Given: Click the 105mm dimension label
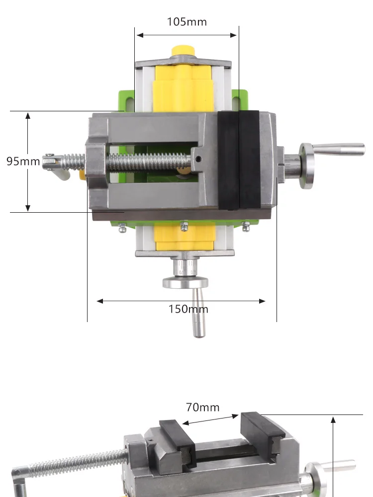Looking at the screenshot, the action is (187, 22).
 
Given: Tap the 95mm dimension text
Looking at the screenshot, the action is (23, 161).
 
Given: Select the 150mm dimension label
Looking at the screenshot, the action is (188, 309).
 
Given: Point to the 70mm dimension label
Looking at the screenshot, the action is (203, 408).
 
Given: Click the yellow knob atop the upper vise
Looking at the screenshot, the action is (183, 51).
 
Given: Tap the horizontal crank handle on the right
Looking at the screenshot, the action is (338, 149).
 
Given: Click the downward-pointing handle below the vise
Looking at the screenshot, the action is (198, 313).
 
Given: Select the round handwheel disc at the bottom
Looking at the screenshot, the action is (186, 282).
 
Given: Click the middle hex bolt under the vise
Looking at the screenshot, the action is (184, 226).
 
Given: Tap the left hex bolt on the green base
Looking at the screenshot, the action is (122, 227).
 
